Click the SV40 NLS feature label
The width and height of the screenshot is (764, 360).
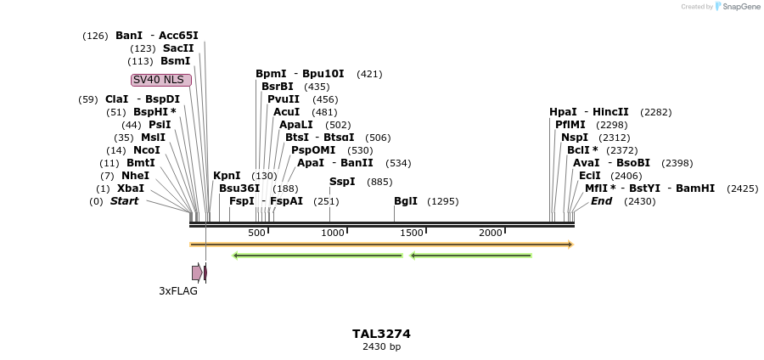(161, 80)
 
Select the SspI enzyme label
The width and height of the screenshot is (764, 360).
(342, 182)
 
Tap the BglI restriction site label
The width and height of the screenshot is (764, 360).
(406, 201)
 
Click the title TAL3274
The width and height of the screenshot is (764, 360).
(381, 334)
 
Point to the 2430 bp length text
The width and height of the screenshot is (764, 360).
(381, 346)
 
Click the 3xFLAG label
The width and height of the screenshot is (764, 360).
(178, 290)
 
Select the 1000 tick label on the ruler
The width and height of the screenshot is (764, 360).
(333, 233)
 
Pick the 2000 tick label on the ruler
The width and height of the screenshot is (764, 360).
(491, 233)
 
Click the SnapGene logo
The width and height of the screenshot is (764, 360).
(735, 7)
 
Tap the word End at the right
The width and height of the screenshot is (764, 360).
(601, 201)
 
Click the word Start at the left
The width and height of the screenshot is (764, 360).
(124, 201)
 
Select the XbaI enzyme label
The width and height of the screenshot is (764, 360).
(131, 188)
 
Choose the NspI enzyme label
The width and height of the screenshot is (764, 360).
(574, 138)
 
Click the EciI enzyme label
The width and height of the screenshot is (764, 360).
(589, 176)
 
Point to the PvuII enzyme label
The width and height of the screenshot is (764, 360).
(284, 99)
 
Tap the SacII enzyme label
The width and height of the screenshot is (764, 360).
(178, 48)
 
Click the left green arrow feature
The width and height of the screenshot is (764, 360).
(317, 255)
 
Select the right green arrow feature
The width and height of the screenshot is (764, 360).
(471, 255)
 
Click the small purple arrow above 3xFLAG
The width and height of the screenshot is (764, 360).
(197, 273)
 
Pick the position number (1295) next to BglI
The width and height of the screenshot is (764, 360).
(443, 201)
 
